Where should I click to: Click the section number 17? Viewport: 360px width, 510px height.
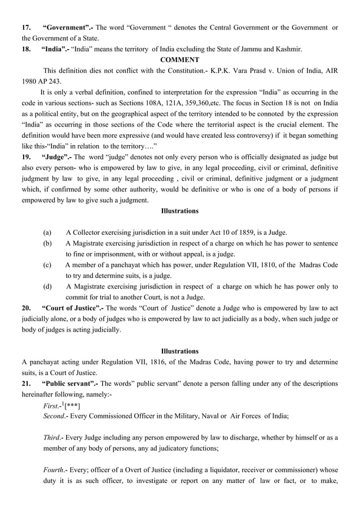point(26,28)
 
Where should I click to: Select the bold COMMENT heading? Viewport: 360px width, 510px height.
point(179,60)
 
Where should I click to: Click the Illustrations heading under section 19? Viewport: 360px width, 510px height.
point(179,211)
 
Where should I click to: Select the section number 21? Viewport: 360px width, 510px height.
point(26,383)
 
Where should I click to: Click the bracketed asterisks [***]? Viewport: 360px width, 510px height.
point(73,406)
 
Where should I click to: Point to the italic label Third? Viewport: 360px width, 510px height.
point(53,438)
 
